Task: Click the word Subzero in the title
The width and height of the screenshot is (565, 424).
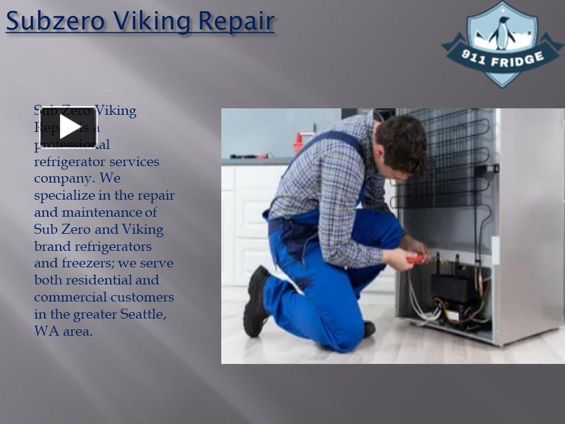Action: (x=56, y=21)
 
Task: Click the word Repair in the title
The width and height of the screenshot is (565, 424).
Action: (x=236, y=21)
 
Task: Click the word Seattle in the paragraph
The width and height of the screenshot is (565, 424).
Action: (x=143, y=314)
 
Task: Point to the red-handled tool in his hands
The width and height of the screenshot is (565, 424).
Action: (x=416, y=258)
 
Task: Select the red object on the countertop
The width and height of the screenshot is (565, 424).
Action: (x=298, y=144)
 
